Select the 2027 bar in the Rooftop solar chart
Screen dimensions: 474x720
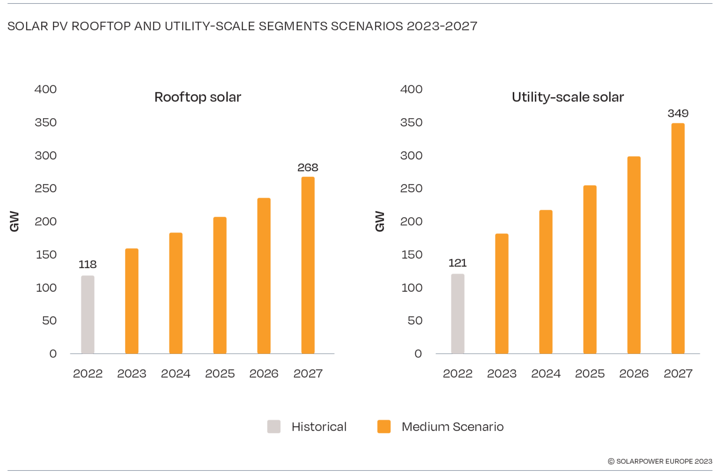click(308, 265)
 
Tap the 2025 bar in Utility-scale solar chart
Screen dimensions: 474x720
click(590, 270)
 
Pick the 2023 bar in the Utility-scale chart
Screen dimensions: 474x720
click(502, 293)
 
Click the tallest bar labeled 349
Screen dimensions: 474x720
click(678, 238)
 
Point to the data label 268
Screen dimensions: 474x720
click(307, 167)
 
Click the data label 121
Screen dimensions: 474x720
click(457, 263)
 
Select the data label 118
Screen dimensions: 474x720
click(88, 264)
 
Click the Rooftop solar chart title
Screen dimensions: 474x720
click(197, 97)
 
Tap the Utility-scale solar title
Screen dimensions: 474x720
click(568, 97)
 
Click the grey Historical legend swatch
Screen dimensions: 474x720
click(274, 427)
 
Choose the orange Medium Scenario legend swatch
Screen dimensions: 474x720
click(384, 427)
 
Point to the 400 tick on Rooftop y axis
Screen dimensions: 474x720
click(45, 89)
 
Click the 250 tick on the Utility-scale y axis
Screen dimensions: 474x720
click(411, 188)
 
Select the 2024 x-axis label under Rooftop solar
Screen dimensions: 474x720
click(176, 374)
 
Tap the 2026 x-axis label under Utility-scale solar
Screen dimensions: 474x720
click(634, 374)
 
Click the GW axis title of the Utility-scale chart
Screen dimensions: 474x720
click(380, 221)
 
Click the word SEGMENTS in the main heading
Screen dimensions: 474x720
click(293, 26)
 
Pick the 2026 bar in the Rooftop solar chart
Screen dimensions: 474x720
click(264, 276)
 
